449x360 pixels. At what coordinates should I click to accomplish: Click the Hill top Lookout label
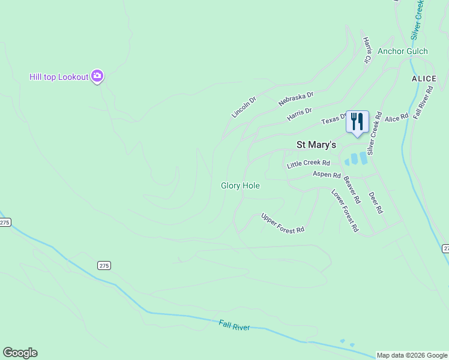point(59,77)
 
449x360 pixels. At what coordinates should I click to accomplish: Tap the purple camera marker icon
point(97,77)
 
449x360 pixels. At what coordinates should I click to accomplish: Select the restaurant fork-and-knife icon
point(357,121)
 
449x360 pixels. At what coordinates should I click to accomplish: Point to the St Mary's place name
point(317,145)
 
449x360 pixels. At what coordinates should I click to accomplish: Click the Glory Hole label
point(240,186)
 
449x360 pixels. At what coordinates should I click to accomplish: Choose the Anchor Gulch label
point(403,51)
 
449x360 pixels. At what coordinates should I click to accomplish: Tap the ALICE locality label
point(424,79)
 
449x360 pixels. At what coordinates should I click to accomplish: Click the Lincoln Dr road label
point(244,107)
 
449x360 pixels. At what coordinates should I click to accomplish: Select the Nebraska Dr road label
point(296,99)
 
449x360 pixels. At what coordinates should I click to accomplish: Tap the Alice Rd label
point(396,117)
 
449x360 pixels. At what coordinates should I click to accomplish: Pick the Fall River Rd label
point(423,102)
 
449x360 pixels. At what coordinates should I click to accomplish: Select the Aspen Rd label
point(327,174)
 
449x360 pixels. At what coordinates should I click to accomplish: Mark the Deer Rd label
point(375,203)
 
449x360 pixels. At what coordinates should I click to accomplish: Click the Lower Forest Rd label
point(345,210)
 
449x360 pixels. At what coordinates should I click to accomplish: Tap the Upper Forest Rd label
point(283,223)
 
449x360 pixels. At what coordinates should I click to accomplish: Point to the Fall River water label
point(234,325)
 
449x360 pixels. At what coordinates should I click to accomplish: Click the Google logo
point(20,353)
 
